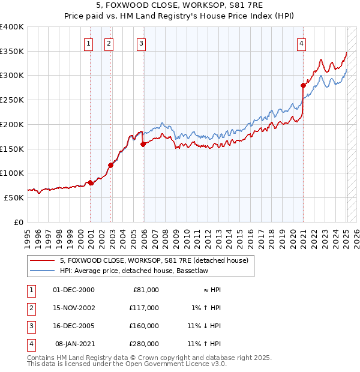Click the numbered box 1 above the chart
pyautogui.click(x=89, y=43)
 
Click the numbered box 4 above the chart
pyautogui.click(x=301, y=43)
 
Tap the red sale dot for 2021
pyautogui.click(x=303, y=86)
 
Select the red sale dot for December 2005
pyautogui.click(x=143, y=144)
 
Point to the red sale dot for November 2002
pyautogui.click(x=111, y=165)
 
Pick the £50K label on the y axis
pyautogui.click(x=14, y=197)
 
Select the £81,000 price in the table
pyautogui.click(x=146, y=290)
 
